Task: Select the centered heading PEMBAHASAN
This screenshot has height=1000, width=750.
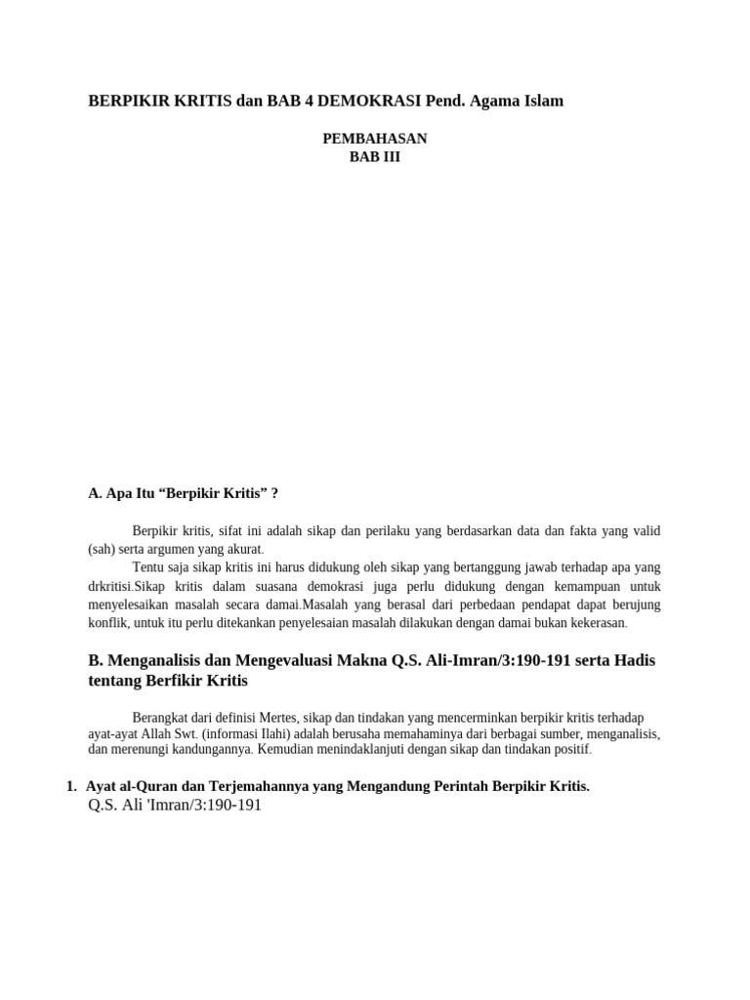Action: (x=375, y=139)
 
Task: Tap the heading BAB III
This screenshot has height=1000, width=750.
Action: (x=375, y=156)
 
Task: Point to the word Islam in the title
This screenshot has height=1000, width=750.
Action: (x=543, y=101)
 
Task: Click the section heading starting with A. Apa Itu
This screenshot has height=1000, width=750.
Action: (x=184, y=493)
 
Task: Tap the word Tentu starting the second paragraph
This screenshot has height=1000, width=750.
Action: (x=149, y=567)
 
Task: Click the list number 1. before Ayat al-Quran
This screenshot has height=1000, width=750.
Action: (x=71, y=786)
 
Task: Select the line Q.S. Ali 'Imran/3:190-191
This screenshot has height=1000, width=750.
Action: (x=175, y=806)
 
